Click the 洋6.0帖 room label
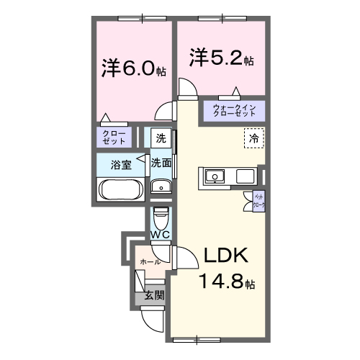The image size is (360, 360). point(134,69)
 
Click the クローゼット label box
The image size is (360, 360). point(114,136)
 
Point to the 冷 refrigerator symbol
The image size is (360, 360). point(253,137)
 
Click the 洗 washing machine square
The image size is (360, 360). point(161,137)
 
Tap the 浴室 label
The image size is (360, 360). point(120,164)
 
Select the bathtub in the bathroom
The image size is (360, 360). point(121,192)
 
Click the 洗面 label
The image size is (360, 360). point(161,163)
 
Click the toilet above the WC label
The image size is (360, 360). point(161,215)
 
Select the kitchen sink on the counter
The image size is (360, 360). point(215,176)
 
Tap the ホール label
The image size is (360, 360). point(150,261)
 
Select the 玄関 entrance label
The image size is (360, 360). point(153,294)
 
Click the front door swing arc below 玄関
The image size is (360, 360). point(153,317)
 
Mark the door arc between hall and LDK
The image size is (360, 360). point(181,257)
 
